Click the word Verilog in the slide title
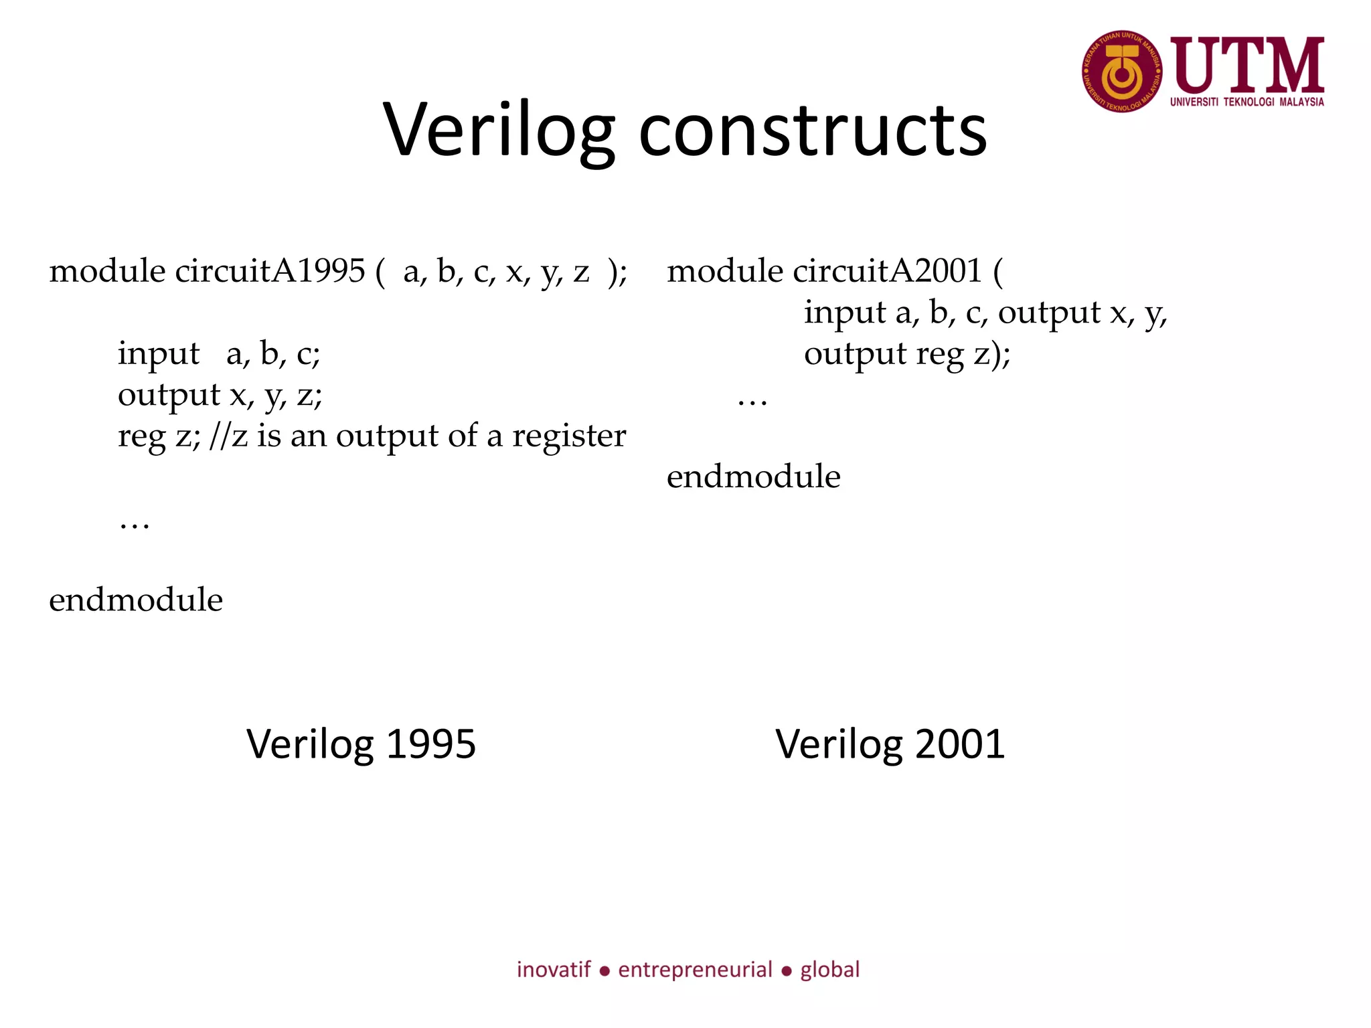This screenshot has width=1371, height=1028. tap(499, 131)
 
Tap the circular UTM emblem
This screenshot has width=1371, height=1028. tap(1122, 72)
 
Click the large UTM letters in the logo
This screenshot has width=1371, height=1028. tap(1247, 66)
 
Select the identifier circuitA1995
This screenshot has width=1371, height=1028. tap(270, 271)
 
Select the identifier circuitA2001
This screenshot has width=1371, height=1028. tap(887, 271)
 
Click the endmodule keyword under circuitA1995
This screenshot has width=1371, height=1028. tap(136, 600)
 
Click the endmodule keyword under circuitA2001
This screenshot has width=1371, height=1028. tap(753, 477)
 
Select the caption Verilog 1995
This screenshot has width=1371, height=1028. tap(361, 744)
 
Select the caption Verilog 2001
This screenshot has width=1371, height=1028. tap(890, 744)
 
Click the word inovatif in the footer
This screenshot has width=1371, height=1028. tap(554, 969)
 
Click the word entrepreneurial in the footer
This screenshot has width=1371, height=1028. tap(695, 970)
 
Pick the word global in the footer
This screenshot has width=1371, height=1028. tap(829, 969)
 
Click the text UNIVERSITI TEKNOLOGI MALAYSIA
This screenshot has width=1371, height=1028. tap(1246, 102)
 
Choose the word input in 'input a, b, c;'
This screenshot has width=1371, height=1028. tap(159, 354)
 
